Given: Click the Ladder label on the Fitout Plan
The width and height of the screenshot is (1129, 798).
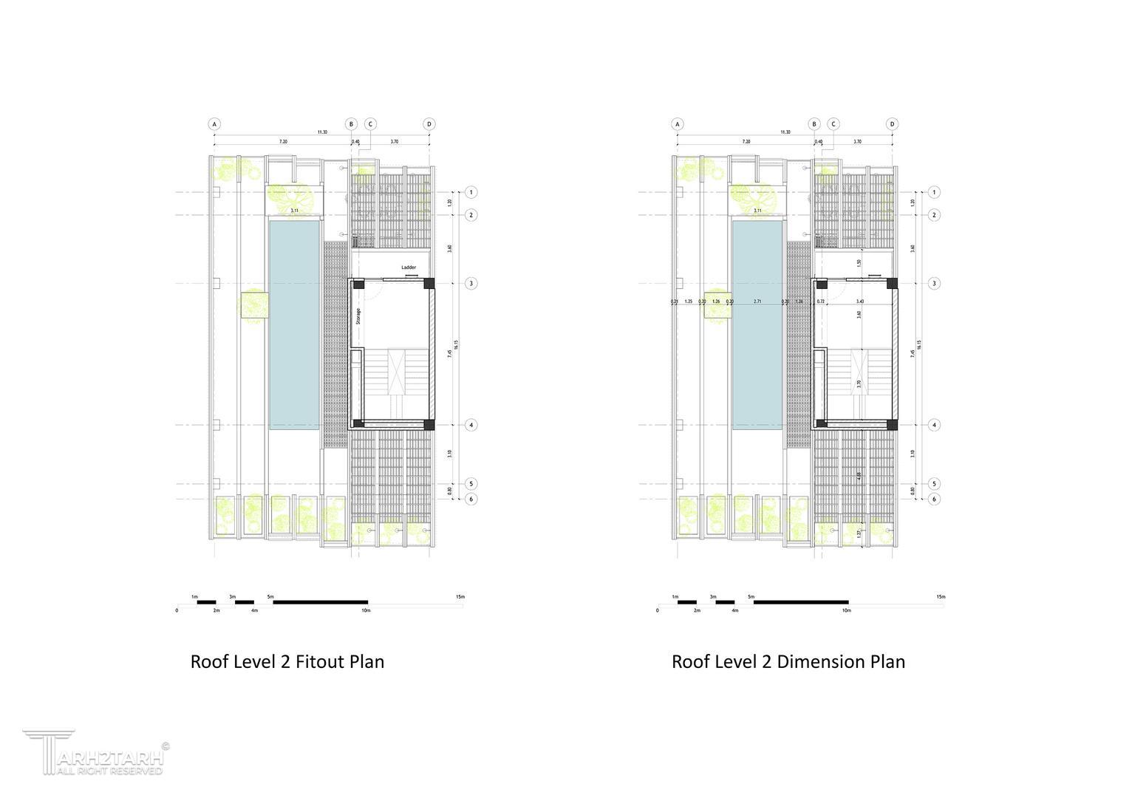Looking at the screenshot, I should tap(409, 267).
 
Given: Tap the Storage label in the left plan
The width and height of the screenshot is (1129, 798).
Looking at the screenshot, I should tap(358, 316).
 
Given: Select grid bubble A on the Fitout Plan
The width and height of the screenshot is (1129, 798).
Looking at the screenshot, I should tap(214, 124).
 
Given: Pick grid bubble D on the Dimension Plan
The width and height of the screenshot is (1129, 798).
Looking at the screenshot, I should tap(892, 124).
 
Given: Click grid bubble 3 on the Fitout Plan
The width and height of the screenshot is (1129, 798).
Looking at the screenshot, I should tap(471, 283).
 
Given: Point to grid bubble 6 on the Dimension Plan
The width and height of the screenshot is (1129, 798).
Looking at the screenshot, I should tap(934, 499).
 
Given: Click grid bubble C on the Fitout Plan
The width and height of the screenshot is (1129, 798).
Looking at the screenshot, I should tap(370, 124).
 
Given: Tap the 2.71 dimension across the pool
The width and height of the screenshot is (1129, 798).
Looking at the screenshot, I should tap(757, 301).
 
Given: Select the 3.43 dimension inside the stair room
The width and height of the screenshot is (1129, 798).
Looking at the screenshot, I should tap(859, 301).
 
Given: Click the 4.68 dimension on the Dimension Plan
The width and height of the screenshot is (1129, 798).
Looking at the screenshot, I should tap(859, 477).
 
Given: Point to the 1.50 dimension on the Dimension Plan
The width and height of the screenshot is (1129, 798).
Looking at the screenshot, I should tap(859, 262).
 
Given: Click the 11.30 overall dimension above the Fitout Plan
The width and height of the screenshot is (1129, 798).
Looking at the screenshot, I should tap(322, 132).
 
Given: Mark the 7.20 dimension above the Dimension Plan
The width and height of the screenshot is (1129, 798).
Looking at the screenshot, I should tap(746, 141).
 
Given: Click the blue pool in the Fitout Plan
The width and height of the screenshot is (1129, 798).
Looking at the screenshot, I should tap(294, 325).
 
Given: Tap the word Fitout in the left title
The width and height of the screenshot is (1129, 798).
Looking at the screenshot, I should tap(319, 661).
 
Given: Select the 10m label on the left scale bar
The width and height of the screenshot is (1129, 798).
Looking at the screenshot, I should tap(366, 611).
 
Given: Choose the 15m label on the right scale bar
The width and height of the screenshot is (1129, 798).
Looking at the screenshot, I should tap(941, 597).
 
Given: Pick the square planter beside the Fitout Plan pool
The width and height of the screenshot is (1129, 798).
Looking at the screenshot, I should tap(254, 305).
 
